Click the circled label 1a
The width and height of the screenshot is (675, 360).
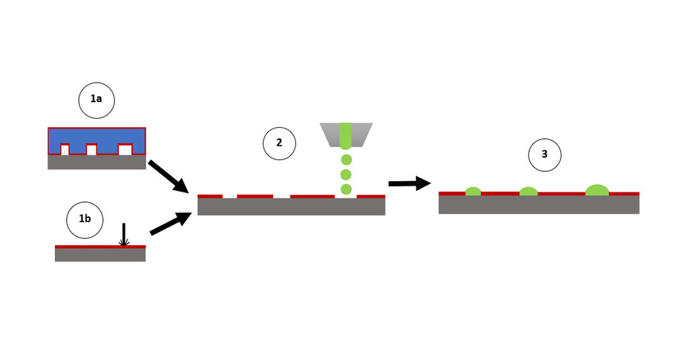click(96, 101)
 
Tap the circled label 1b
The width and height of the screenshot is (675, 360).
click(85, 218)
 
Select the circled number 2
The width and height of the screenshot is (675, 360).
click(279, 144)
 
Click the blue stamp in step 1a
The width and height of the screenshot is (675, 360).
click(96, 138)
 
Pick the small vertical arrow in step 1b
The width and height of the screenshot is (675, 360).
click(125, 235)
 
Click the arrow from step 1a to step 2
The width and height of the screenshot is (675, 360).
click(170, 175)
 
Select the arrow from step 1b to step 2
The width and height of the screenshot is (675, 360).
click(171, 223)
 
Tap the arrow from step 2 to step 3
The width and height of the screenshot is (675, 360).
click(407, 183)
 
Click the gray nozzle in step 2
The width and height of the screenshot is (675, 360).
click(346, 134)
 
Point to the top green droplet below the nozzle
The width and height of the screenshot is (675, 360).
click(346, 159)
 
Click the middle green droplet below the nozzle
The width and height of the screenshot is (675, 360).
click(346, 174)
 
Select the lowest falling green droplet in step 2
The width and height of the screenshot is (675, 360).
click(346, 189)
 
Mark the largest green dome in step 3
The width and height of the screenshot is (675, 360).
click(598, 190)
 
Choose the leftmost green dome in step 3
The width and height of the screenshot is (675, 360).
click(473, 192)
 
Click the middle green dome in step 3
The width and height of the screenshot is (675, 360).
click(528, 192)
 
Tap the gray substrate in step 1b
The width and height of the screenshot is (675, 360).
click(100, 255)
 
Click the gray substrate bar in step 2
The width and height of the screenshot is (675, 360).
click(291, 207)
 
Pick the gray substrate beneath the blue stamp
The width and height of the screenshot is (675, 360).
click(96, 162)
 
